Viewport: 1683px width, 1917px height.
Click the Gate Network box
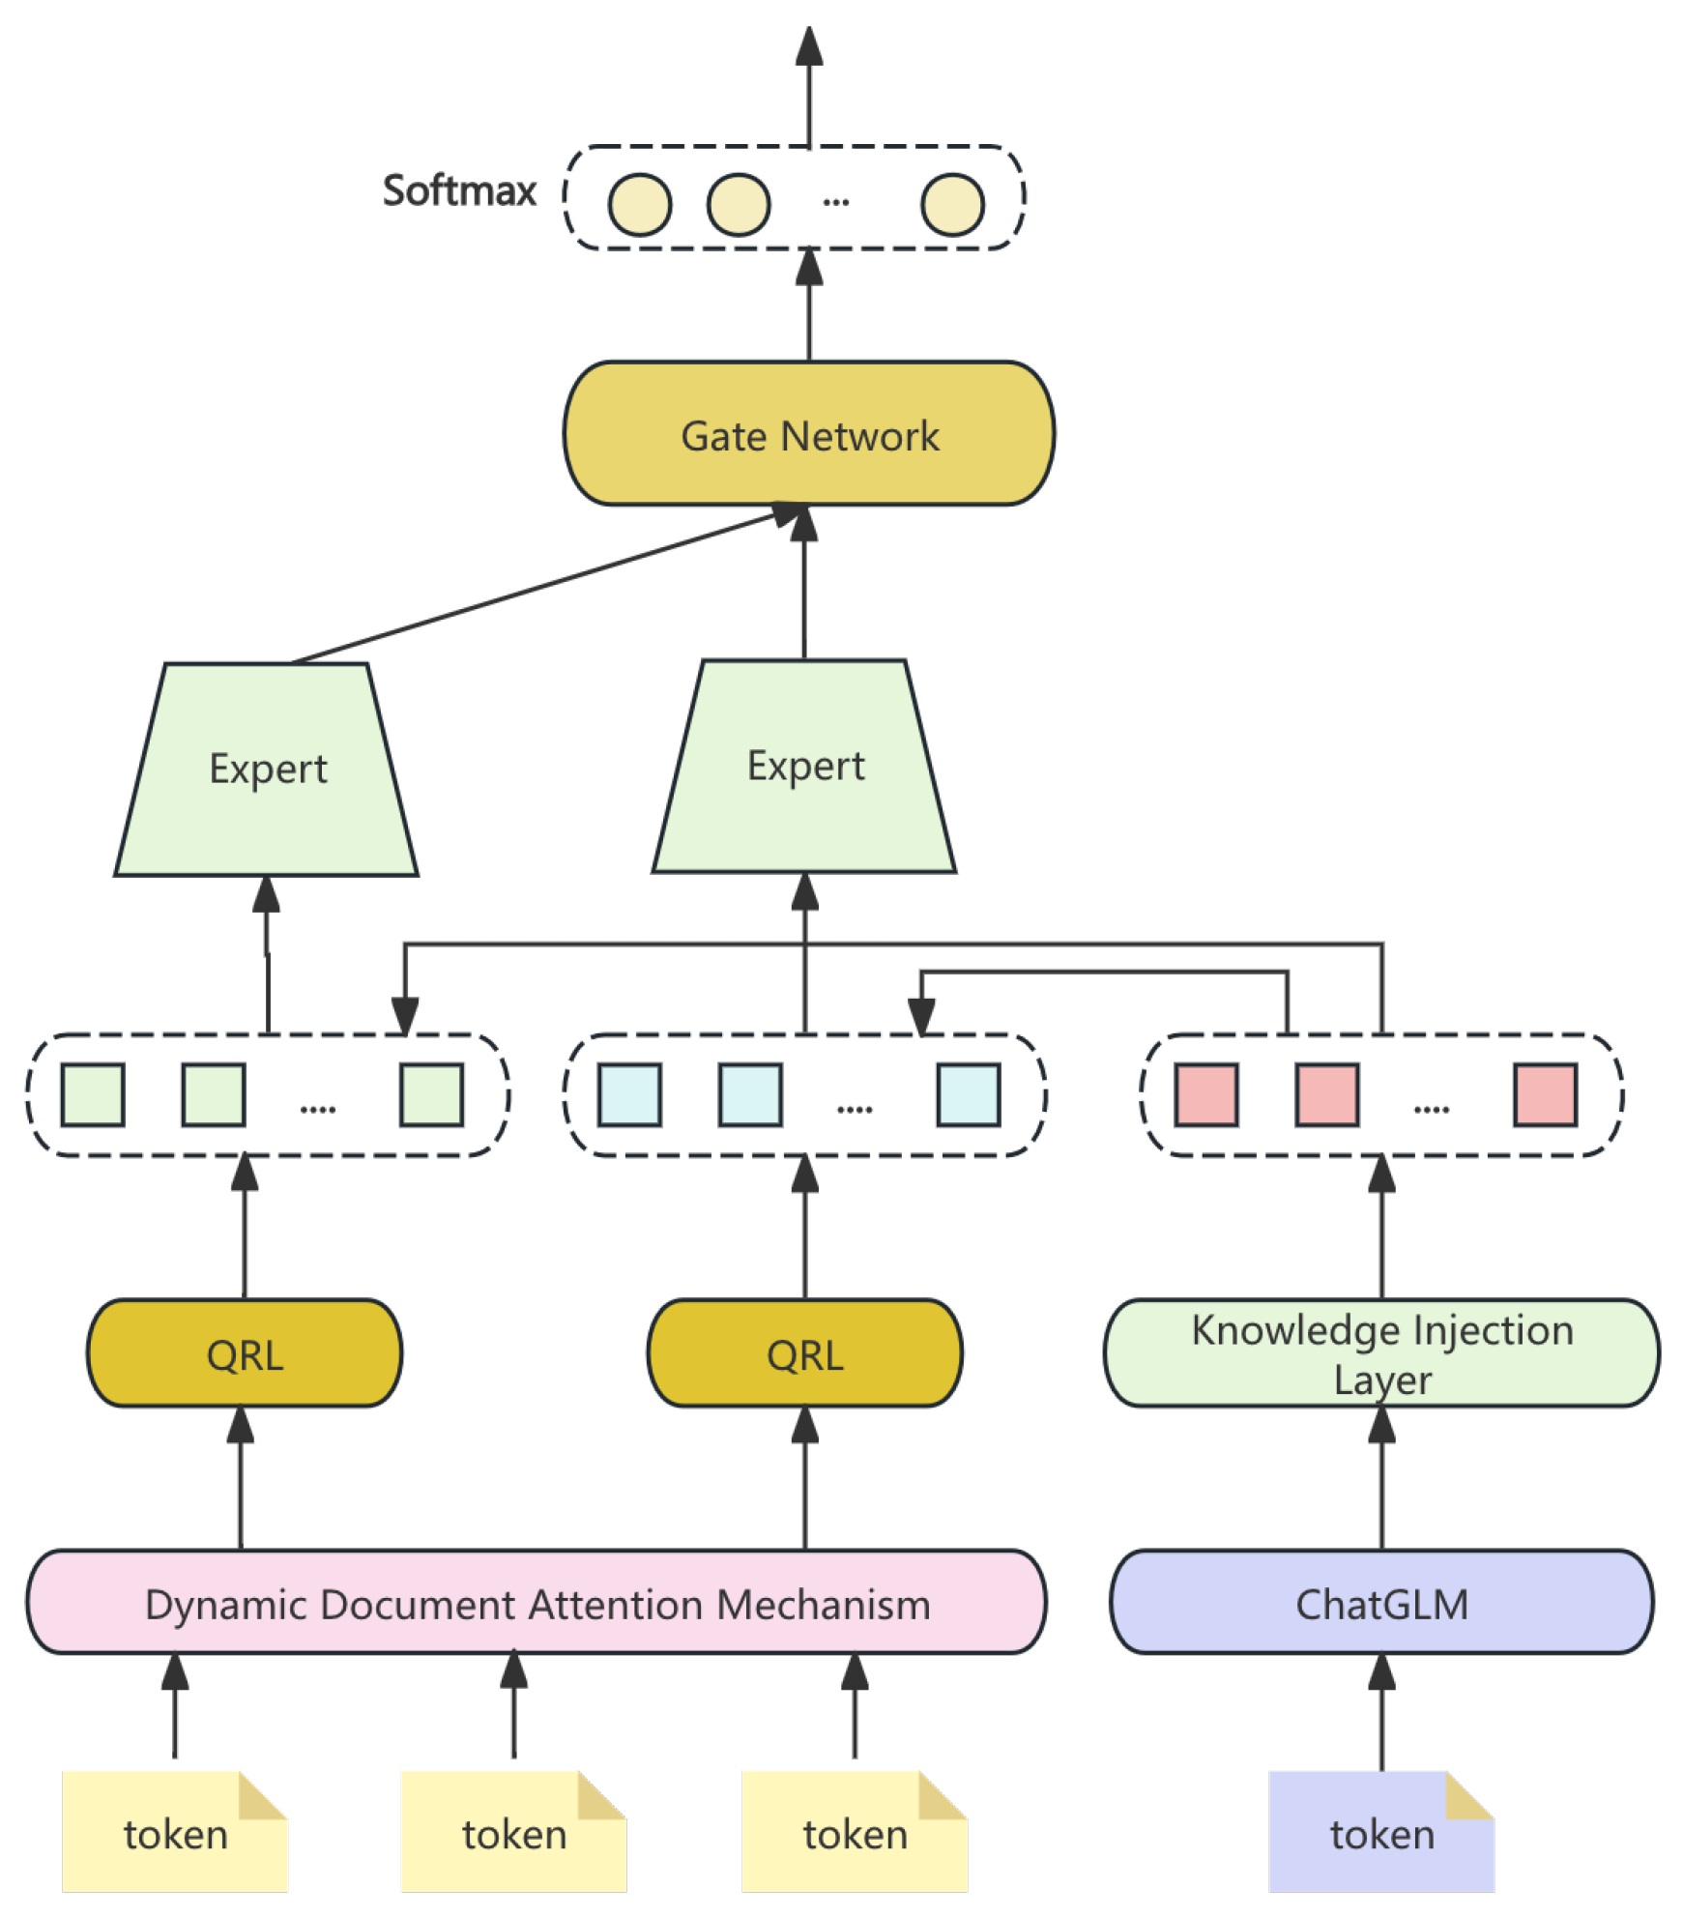(x=808, y=434)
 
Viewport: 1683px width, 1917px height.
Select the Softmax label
(x=459, y=190)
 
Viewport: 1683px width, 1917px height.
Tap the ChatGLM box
(x=1380, y=1604)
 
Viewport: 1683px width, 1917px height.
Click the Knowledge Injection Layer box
(x=1380, y=1352)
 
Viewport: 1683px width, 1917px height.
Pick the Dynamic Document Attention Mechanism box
(x=537, y=1604)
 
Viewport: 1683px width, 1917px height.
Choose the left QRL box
(x=245, y=1353)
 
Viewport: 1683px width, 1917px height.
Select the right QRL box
(x=804, y=1353)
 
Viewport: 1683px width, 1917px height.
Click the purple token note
(x=1380, y=1833)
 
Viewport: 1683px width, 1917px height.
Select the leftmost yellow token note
(x=175, y=1833)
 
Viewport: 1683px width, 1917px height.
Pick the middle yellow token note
(x=513, y=1833)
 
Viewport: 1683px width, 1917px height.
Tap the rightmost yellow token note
(x=855, y=1833)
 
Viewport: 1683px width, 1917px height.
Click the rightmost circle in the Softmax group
(x=952, y=205)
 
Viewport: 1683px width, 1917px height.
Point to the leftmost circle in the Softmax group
(x=639, y=205)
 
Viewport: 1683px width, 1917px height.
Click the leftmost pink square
(x=1205, y=1095)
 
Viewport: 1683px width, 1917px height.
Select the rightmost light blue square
(x=968, y=1095)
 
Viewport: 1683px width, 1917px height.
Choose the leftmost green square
(x=93, y=1095)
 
